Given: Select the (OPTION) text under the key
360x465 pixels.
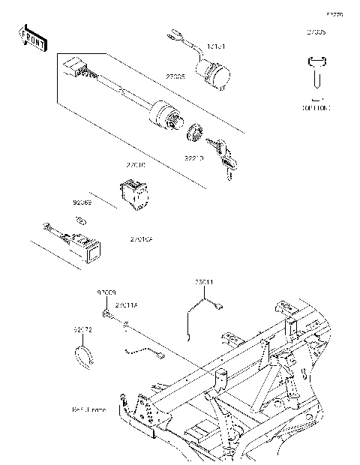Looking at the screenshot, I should point(316,108).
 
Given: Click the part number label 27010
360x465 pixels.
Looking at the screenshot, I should point(136,163).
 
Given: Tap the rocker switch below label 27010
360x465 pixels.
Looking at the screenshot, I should point(135,191).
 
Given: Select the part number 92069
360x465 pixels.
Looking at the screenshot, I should point(82,202).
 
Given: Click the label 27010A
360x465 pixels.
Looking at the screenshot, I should point(142,239).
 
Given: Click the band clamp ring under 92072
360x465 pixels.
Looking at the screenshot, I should point(86,353).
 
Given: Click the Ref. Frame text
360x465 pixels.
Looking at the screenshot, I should point(88,410).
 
